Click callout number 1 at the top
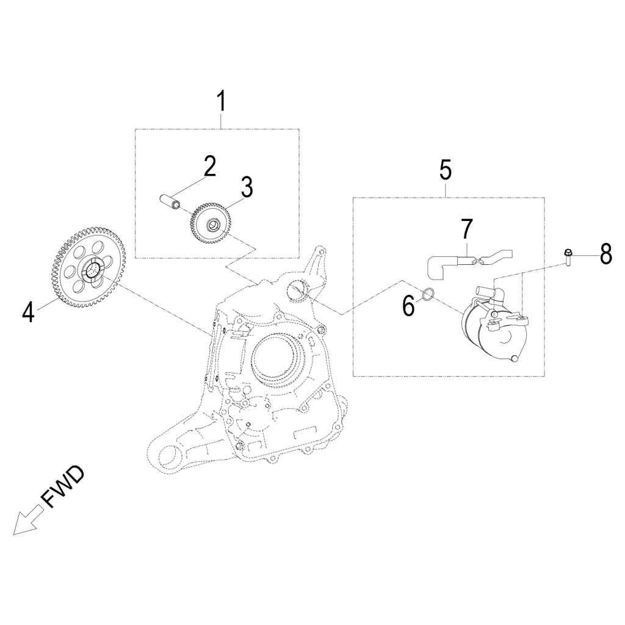(222, 101)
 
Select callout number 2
(209, 166)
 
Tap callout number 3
(246, 187)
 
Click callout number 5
(446, 170)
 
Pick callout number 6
(408, 305)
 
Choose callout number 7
(466, 229)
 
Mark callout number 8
(605, 253)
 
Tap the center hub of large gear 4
(93, 269)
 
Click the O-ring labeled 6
(428, 295)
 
